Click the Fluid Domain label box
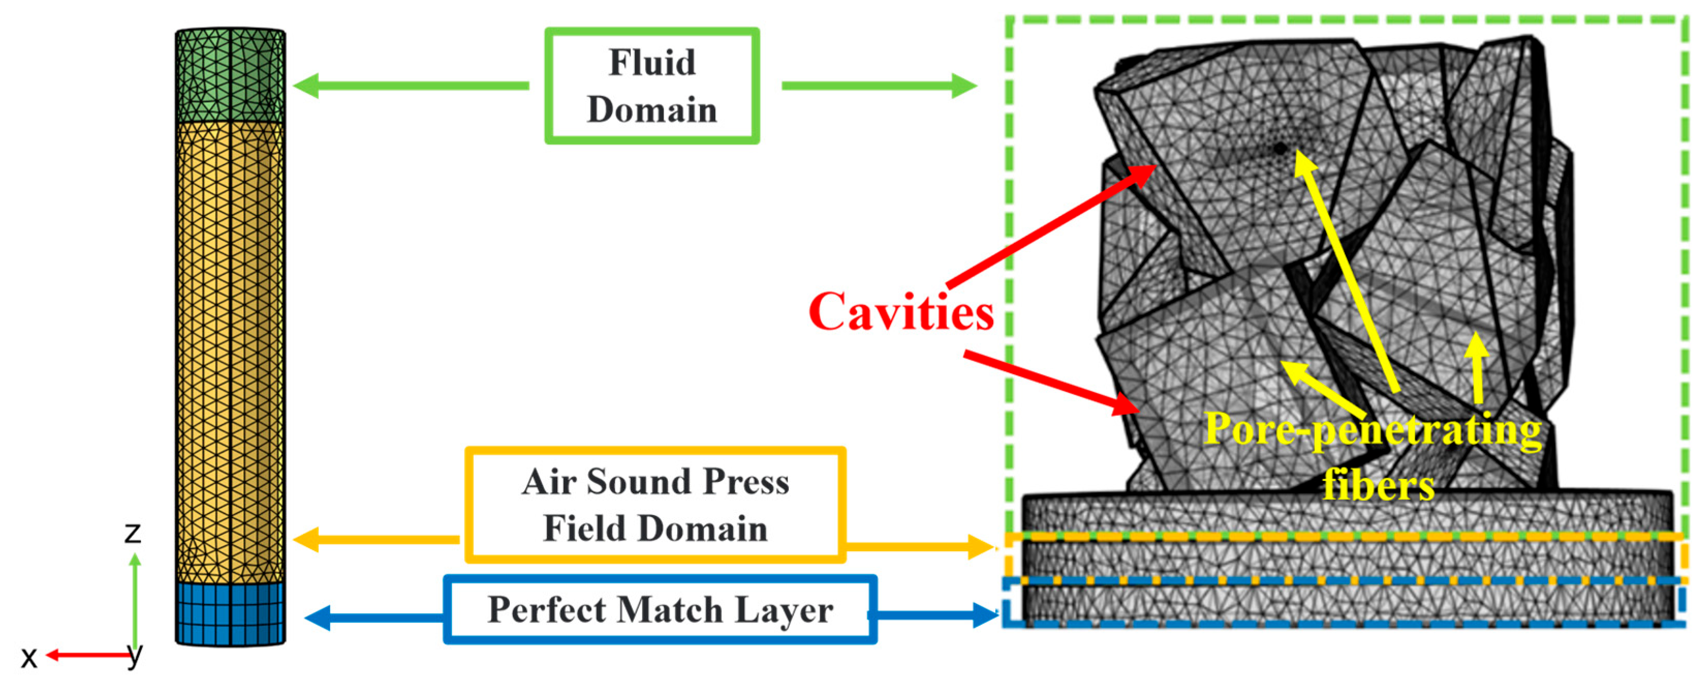(x=651, y=85)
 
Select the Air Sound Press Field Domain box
(x=655, y=505)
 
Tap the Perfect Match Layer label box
(x=660, y=610)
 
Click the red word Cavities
(x=901, y=312)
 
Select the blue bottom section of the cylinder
(x=230, y=613)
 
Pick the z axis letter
(x=133, y=532)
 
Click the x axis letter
(x=28, y=658)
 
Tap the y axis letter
(x=135, y=656)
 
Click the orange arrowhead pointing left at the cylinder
(x=305, y=540)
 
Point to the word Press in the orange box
(x=745, y=481)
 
